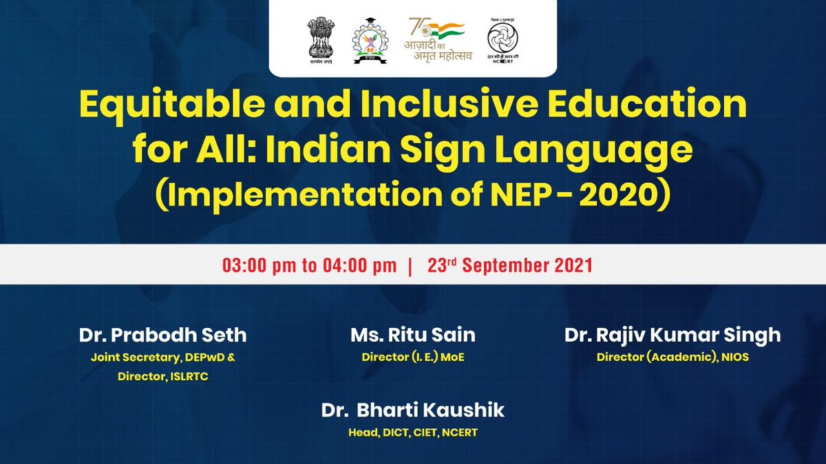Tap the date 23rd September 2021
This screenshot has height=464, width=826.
510,265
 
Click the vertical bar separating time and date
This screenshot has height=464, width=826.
410,265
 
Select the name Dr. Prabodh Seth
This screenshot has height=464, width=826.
162,335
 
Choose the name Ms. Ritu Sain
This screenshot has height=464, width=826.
413,335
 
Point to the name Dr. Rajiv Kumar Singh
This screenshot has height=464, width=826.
673,335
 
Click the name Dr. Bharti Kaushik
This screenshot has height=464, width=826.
413,411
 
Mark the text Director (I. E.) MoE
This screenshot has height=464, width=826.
413,357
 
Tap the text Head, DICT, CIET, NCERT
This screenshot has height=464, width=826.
413,432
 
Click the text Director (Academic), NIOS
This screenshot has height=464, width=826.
673,357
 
